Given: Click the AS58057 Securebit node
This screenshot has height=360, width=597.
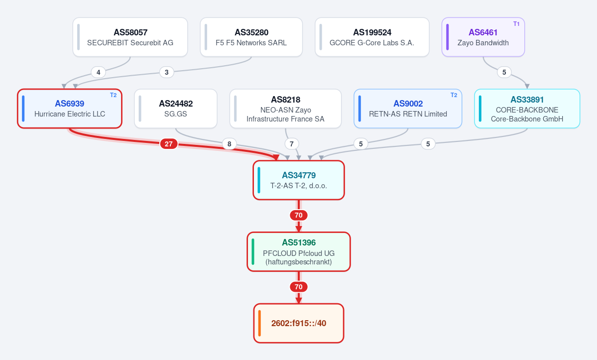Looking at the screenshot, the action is click(x=130, y=37).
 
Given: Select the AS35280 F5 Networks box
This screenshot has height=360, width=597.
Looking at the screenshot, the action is click(x=251, y=37).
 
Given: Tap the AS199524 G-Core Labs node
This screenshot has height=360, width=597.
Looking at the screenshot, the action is click(x=372, y=37).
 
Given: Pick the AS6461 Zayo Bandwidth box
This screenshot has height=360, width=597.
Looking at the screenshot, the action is click(x=483, y=37).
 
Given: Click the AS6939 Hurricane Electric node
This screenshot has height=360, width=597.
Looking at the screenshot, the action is click(x=70, y=109).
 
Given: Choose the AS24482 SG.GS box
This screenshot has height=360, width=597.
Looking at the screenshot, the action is click(x=176, y=109).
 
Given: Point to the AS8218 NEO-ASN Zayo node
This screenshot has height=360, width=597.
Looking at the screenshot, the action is click(x=286, y=109).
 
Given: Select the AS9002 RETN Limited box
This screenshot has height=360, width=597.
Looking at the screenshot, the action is click(x=408, y=109).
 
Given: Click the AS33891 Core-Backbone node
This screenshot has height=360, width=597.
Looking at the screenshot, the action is click(x=527, y=109).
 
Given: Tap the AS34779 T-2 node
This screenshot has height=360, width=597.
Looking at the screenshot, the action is click(x=299, y=180).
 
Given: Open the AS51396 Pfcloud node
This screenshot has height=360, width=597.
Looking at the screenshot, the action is click(x=299, y=251).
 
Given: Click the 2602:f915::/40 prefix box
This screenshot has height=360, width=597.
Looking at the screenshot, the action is click(x=299, y=323).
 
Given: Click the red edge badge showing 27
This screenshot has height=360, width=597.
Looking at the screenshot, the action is click(x=169, y=144).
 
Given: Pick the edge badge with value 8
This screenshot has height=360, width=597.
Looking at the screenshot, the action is click(x=229, y=144).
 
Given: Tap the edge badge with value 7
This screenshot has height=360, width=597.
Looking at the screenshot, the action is click(x=292, y=144).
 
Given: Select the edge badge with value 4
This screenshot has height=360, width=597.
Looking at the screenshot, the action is click(x=98, y=72).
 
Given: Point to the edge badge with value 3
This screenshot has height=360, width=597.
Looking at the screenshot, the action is click(x=166, y=72).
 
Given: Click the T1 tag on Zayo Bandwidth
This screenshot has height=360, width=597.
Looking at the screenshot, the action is click(x=516, y=24).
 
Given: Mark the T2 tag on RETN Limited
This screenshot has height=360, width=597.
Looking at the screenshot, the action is click(x=454, y=95).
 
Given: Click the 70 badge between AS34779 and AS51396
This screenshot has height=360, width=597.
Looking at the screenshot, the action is click(x=299, y=216).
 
